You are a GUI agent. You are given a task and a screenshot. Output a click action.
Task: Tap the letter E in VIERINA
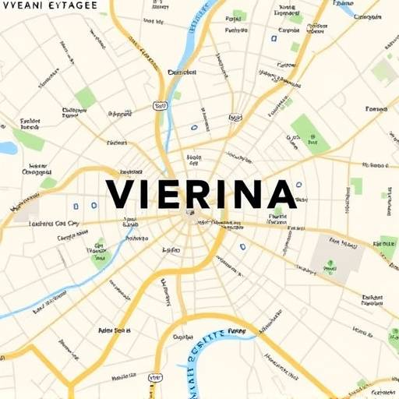(x=170, y=194)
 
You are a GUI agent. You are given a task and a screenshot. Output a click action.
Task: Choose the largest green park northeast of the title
(x=309, y=131)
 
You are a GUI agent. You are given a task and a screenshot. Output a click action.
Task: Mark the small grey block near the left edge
(x=26, y=209)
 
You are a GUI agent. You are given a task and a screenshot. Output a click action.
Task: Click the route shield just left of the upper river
(x=161, y=106)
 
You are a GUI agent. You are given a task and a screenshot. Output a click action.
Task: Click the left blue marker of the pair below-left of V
(x=76, y=207)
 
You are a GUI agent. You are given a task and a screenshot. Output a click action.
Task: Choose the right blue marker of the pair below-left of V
(x=94, y=207)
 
